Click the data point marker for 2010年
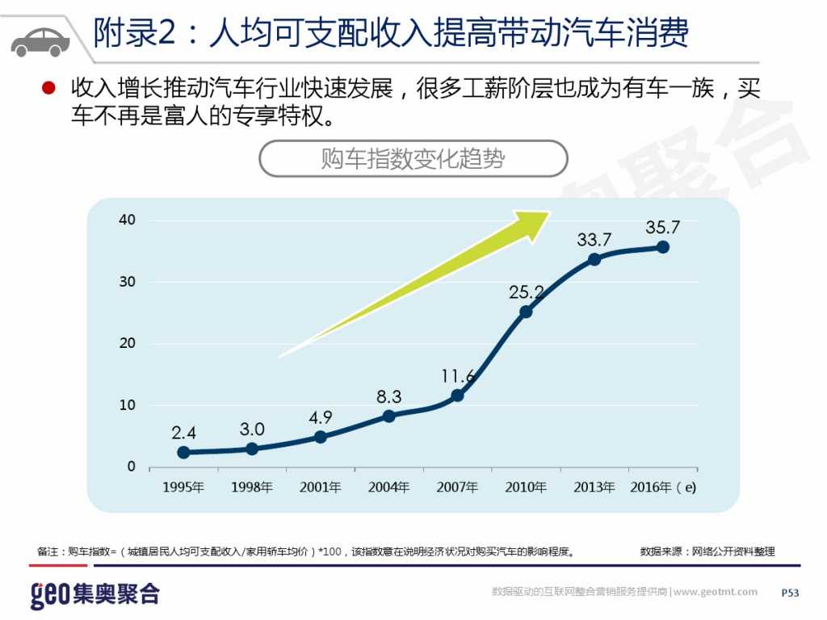coord(526,312)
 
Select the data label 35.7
coord(662,228)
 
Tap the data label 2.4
coord(183,433)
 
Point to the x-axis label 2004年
coord(388,488)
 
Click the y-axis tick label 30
coord(128,282)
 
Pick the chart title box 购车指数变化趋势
coord(413,159)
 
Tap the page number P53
coord(790,593)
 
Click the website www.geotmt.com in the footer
coord(716,592)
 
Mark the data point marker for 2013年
coord(594,259)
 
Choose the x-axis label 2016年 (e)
coord(662,488)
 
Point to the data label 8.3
coord(388,396)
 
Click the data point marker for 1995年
coord(183,452)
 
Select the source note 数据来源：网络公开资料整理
coord(707,551)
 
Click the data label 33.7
coord(594,240)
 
